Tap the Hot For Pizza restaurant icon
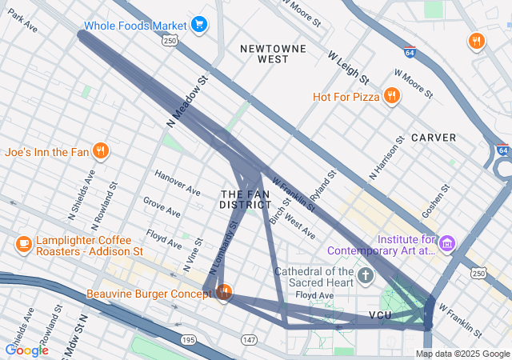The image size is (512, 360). click(x=391, y=97)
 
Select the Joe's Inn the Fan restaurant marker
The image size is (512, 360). click(x=100, y=150)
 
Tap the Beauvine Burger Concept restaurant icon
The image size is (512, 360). click(x=224, y=294)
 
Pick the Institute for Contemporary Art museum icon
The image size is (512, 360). click(x=447, y=242)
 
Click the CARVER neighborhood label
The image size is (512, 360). click(x=434, y=138)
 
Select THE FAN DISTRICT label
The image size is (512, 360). click(x=246, y=199)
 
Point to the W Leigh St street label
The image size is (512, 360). click(x=348, y=67)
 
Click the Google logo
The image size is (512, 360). click(x=26, y=350)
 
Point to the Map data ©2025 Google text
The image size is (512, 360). click(x=462, y=354)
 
